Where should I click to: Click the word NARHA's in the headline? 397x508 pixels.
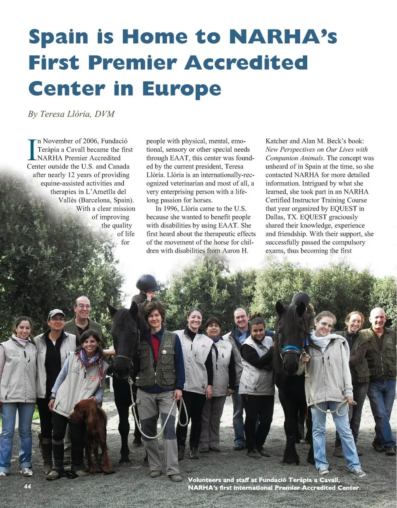point(283,36)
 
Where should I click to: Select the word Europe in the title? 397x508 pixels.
point(181,88)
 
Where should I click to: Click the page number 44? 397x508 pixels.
point(27,487)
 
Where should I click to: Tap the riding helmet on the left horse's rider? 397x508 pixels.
point(148,283)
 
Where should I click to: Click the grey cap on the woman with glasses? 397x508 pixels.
point(56,313)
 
